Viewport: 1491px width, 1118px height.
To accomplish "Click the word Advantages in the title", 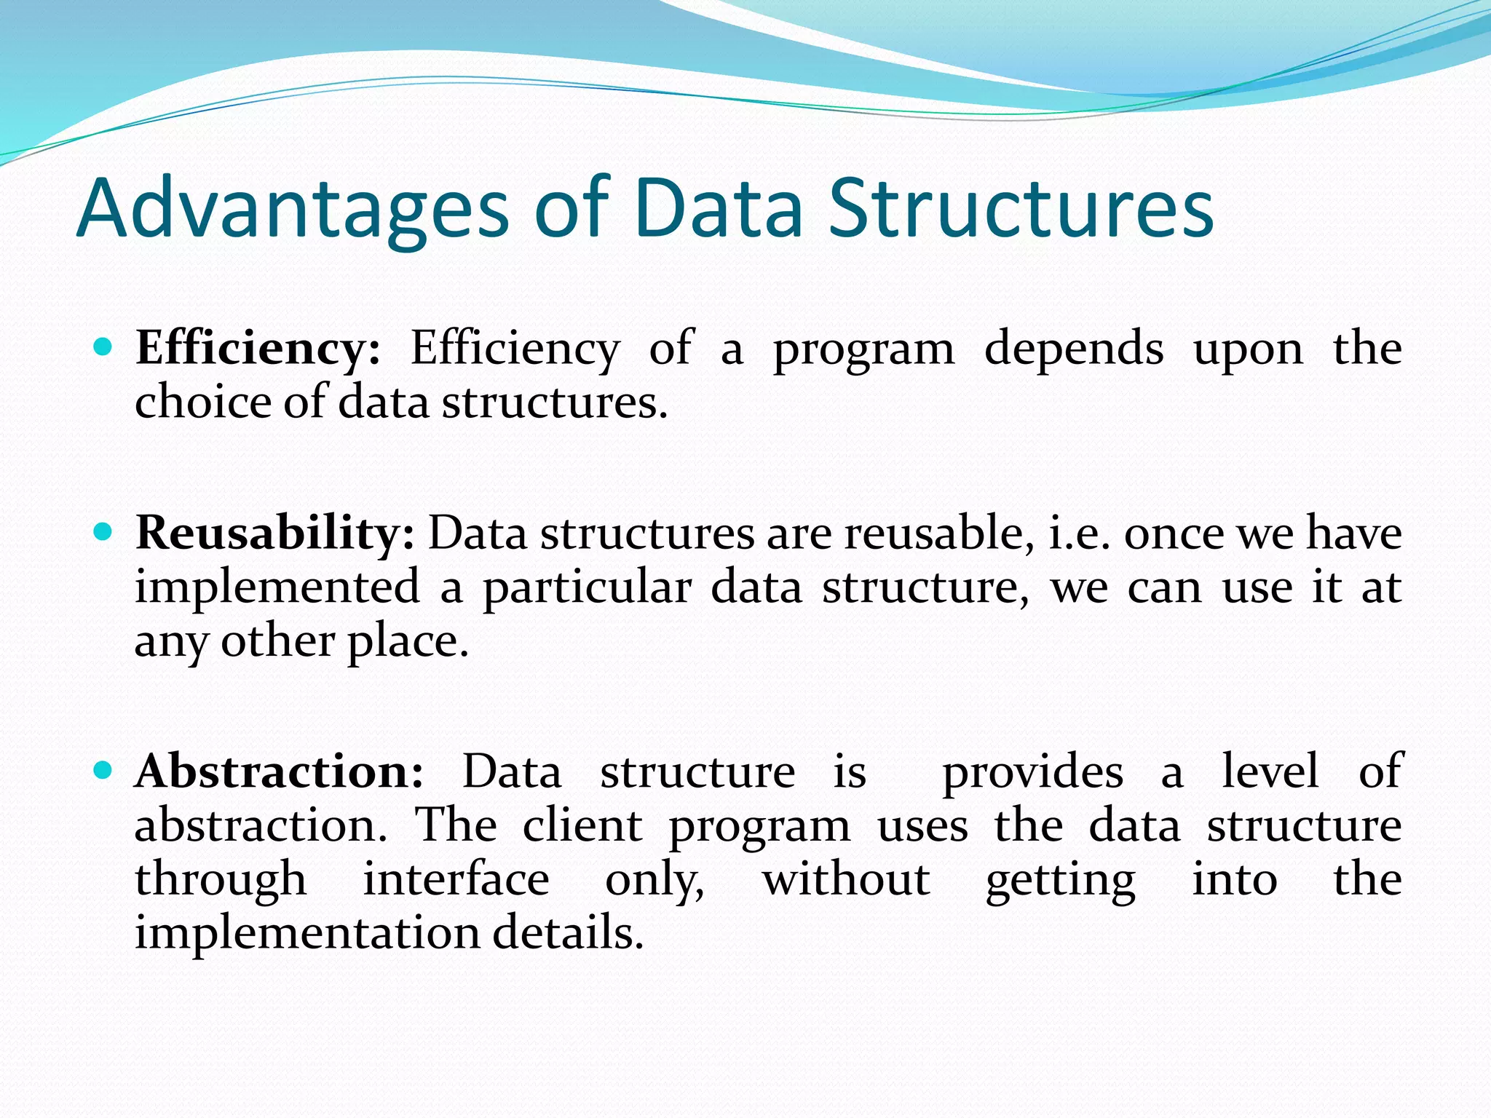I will [292, 210].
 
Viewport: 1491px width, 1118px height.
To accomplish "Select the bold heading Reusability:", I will [275, 533].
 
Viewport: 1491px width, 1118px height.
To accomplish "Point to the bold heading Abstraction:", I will [279, 771].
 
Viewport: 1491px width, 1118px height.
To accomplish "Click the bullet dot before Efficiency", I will [103, 347].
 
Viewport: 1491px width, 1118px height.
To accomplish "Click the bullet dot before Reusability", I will [103, 532].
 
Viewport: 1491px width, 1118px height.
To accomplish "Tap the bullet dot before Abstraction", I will [103, 770].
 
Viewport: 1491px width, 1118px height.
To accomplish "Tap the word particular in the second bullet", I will [587, 588].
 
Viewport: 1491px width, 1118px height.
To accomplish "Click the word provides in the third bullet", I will [1033, 772].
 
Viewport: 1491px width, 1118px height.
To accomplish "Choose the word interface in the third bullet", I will [456, 879].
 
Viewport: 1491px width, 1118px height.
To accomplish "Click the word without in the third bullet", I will [846, 879].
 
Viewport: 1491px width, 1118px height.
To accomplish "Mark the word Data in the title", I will [718, 210].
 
